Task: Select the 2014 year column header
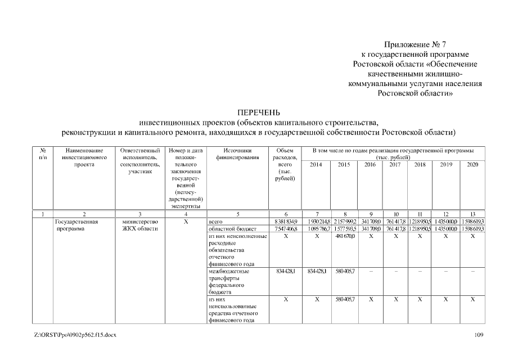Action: (x=316, y=165)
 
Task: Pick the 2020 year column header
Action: (x=472, y=165)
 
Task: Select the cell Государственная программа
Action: (x=77, y=226)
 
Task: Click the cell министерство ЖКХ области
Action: (x=140, y=226)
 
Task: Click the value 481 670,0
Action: (x=344, y=237)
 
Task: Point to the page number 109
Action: (x=471, y=335)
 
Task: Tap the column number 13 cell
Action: (x=472, y=214)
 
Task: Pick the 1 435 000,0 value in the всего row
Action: (x=446, y=222)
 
